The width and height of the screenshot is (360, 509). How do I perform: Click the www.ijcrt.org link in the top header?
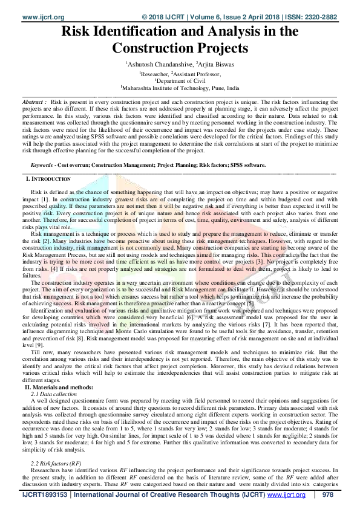point(27,5)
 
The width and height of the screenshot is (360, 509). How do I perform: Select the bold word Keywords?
point(44,164)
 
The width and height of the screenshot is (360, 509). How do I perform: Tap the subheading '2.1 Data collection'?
point(56,394)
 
